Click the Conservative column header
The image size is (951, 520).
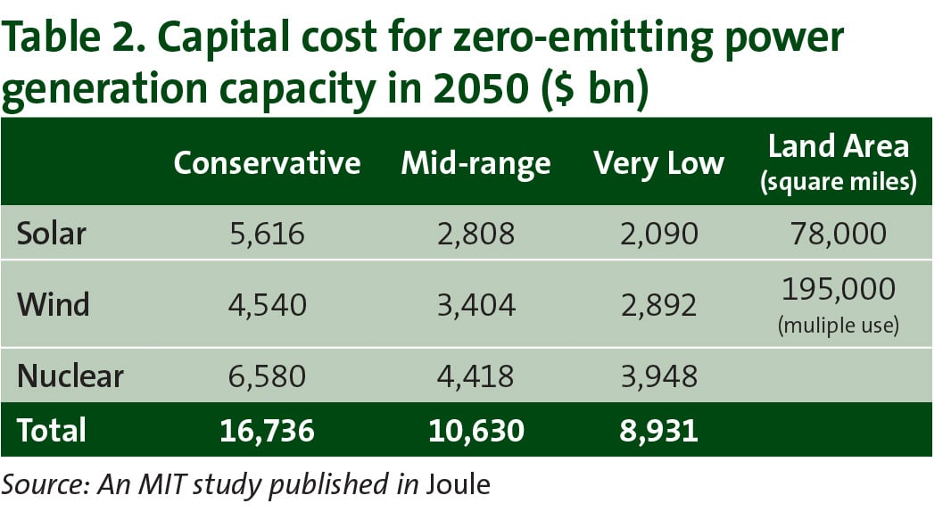coord(267,163)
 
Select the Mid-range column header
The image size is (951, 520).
coord(475,163)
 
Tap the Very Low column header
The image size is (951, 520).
coord(658,163)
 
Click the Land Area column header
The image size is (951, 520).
coord(838,146)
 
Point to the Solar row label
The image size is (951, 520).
coord(52,234)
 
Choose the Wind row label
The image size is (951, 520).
coord(54,305)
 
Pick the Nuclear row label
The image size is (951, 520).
coord(70,376)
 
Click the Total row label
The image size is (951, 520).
coord(51,430)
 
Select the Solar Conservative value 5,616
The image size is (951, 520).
coord(267,234)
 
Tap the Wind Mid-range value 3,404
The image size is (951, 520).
coord(475,305)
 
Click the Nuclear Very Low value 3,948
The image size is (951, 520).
coord(658,376)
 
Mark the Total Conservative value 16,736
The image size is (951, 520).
coord(267,430)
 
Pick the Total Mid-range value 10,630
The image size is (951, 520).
coord(475,430)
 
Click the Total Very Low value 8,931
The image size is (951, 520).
coord(658,430)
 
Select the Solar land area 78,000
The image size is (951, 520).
coord(838,234)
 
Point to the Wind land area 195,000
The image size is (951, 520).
coord(838,291)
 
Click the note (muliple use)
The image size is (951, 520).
coord(838,326)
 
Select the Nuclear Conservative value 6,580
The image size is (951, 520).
coord(267,376)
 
